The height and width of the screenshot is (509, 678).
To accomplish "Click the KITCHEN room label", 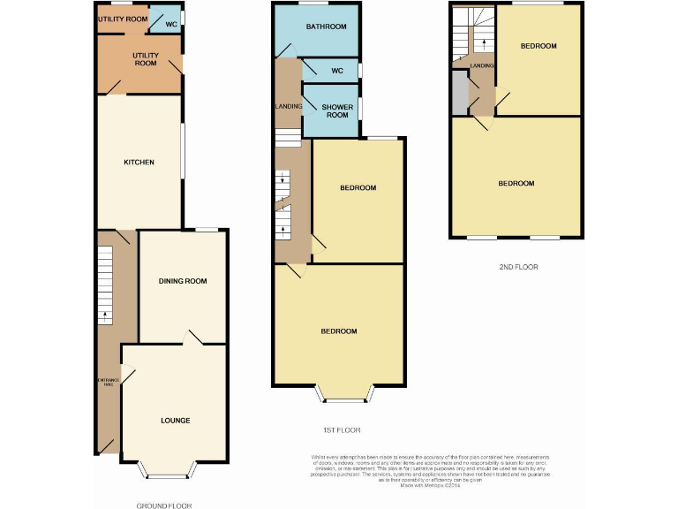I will click(139, 163).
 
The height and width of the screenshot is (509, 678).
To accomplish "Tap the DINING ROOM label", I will click(183, 281).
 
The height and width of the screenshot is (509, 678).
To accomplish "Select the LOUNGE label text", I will click(175, 420).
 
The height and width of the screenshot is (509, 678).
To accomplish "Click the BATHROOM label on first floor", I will click(326, 27).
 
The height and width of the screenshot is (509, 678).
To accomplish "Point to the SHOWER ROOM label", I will click(330, 110).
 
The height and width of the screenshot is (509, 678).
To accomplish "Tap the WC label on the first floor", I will click(335, 71).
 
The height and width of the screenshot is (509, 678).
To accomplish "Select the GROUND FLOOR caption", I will click(164, 505).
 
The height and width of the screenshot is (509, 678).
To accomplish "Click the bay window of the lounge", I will click(164, 472).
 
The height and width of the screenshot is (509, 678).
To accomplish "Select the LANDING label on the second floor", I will click(482, 65).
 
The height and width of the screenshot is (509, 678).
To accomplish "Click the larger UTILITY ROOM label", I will click(146, 59).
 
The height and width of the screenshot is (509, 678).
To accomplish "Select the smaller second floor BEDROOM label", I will click(538, 46).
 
